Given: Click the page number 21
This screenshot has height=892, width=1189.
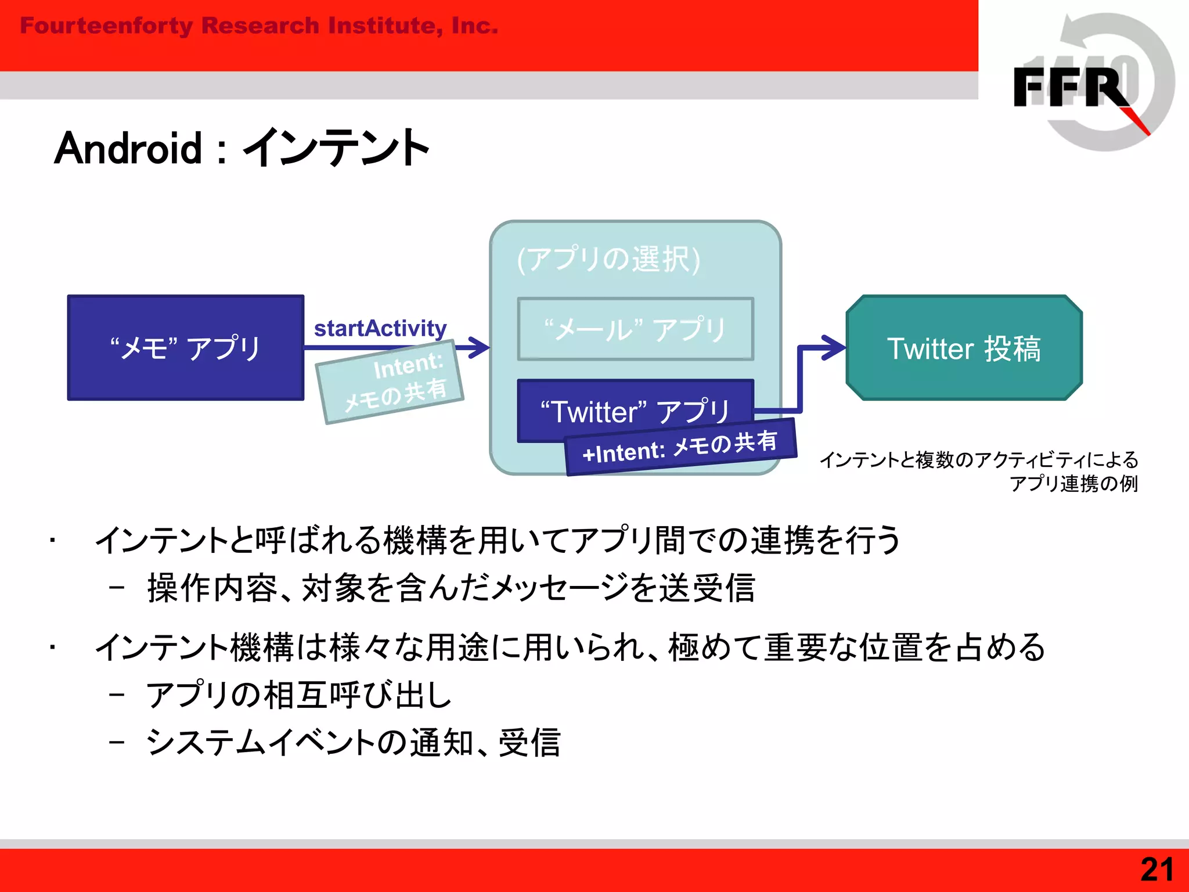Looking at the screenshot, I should tap(1156, 869).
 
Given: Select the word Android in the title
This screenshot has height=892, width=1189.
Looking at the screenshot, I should tap(128, 149).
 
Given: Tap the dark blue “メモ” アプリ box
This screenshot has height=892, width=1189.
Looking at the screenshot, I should tap(185, 347).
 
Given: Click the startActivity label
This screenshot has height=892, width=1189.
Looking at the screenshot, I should tap(380, 329).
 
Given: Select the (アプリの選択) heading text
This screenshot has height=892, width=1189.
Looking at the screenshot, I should tap(608, 259).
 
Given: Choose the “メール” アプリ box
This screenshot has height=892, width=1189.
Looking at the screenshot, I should tap(635, 329).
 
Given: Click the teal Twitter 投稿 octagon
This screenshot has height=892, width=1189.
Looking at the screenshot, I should tap(964, 348).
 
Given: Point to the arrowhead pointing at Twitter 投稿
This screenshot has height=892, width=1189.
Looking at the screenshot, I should tap(835, 347).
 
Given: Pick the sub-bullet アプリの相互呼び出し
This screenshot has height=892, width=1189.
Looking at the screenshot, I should tap(298, 695).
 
